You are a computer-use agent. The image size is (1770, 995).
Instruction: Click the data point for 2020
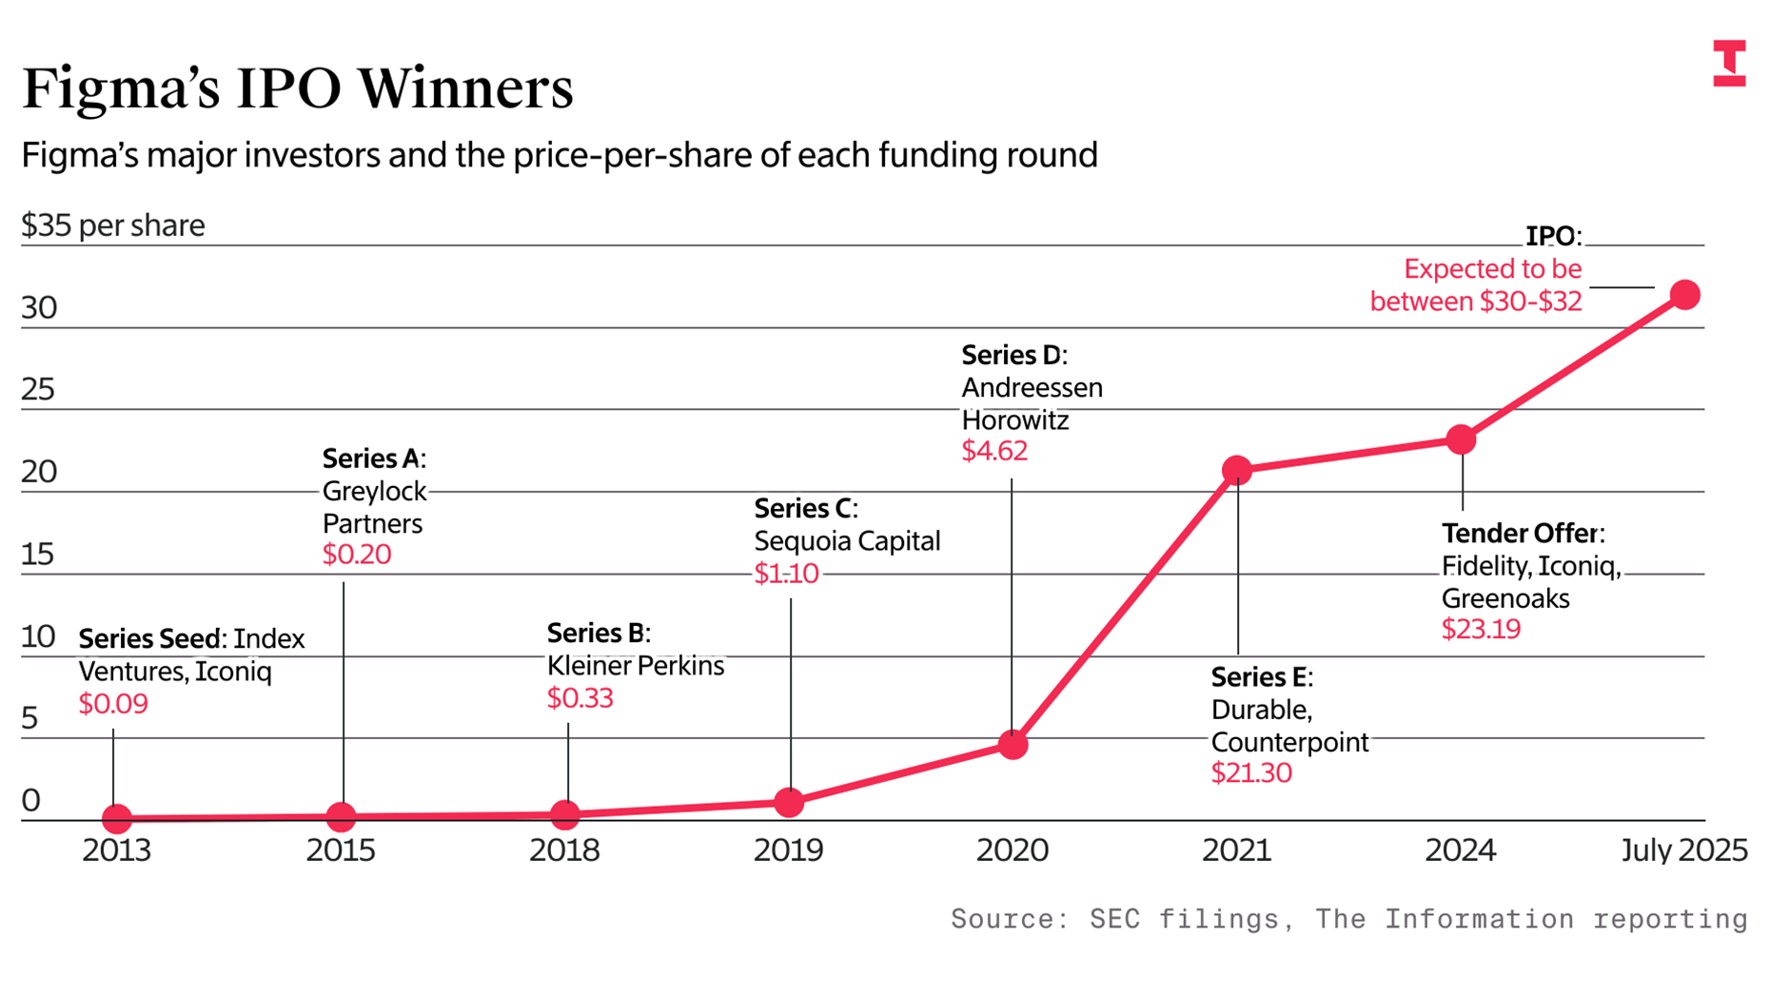[1013, 744]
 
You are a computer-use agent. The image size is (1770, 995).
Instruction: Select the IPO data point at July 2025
[1684, 295]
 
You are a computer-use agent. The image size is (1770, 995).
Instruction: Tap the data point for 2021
[1236, 470]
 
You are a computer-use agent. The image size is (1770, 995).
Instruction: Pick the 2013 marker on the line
[116, 817]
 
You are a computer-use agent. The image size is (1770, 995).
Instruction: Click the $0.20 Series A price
[357, 555]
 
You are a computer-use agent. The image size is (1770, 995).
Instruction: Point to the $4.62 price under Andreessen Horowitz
[994, 451]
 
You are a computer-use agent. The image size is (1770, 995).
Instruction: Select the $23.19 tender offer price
[1481, 630]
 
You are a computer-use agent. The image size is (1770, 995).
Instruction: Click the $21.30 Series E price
[1251, 773]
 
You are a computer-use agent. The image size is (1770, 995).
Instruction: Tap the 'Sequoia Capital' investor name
[847, 541]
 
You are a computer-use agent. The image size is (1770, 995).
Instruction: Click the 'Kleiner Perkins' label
[635, 666]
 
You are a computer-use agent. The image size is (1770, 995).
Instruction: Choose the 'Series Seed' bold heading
[151, 638]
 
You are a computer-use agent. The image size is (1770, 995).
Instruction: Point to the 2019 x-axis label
[788, 849]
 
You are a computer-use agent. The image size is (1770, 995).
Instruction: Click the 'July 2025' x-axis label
[1683, 849]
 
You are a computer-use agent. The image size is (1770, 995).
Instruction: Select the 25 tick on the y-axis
[38, 390]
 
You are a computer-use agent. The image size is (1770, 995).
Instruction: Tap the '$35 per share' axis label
[113, 225]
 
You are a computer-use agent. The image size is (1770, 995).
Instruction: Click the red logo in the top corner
[1729, 63]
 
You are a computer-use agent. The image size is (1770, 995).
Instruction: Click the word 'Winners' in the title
[465, 88]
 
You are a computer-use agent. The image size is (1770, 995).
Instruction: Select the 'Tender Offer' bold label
[1521, 534]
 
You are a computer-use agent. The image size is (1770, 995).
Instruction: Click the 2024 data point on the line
[1461, 439]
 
